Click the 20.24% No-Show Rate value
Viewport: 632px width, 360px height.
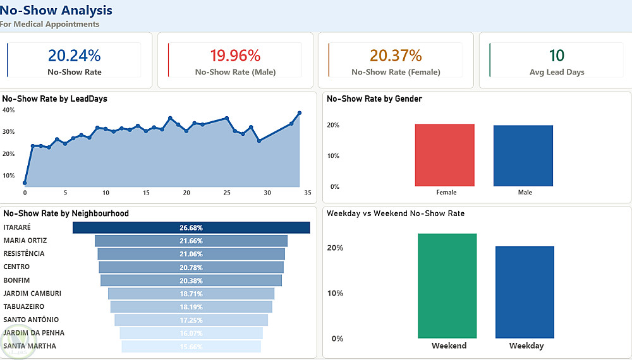(75, 56)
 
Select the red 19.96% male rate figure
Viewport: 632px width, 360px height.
(235, 56)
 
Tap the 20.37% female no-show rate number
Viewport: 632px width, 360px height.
(396, 56)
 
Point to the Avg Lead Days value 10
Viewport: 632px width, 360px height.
(557, 56)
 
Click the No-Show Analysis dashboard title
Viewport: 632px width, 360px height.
(56, 10)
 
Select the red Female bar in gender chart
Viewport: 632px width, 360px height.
(445, 155)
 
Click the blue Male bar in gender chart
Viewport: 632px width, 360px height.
(523, 156)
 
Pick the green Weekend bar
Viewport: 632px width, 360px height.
(447, 285)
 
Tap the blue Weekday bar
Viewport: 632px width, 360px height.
(525, 292)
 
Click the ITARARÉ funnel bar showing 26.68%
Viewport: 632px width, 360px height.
(191, 227)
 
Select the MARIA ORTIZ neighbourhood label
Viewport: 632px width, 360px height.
(25, 241)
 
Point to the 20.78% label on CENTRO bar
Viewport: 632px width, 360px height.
(191, 267)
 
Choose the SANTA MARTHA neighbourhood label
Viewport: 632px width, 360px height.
(30, 346)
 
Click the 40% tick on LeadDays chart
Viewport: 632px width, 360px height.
(9, 110)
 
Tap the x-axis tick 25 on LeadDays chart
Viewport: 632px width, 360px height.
(226, 193)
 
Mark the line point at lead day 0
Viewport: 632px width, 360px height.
(25, 183)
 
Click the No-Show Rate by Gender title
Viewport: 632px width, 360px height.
(374, 99)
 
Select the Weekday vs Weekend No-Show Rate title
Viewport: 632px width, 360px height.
(396, 213)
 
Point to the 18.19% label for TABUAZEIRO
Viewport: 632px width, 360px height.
(191, 307)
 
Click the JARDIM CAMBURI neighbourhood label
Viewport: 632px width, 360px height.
(32, 294)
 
